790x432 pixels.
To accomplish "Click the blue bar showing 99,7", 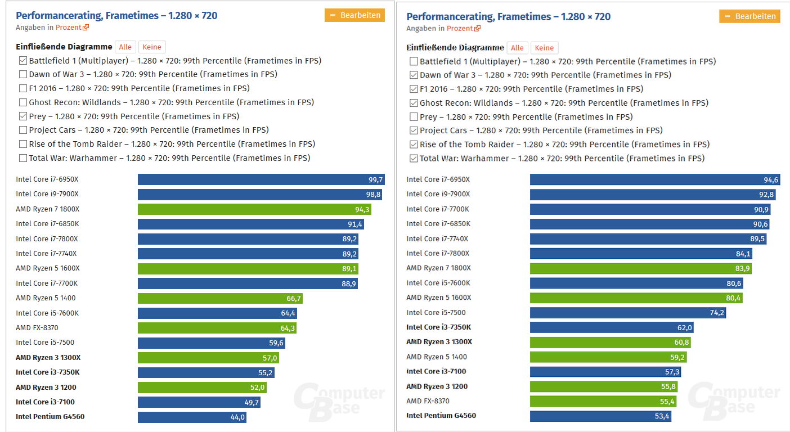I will pyautogui.click(x=261, y=179).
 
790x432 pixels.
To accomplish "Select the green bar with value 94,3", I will pyautogui.click(x=254, y=209).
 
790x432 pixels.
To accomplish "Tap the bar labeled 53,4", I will pyautogui.click(x=600, y=416).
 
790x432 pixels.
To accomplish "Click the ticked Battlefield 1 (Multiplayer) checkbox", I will pyautogui.click(x=23, y=61).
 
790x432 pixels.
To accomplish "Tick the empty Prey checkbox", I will pyautogui.click(x=414, y=117).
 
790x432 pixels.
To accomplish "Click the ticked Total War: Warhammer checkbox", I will pyautogui.click(x=414, y=159).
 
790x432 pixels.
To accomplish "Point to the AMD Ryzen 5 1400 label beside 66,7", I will pyautogui.click(x=46, y=298).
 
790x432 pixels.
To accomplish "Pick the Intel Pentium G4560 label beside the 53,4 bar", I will pyautogui.click(x=441, y=416).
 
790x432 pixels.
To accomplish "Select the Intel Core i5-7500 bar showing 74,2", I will pyautogui.click(x=627, y=313).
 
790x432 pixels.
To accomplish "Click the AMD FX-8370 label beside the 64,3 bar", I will pyautogui.click(x=37, y=328).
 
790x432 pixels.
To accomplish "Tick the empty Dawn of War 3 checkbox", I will pyautogui.click(x=23, y=74).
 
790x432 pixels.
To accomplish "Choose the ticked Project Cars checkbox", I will pyautogui.click(x=414, y=130).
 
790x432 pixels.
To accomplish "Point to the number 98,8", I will pyautogui.click(x=374, y=195).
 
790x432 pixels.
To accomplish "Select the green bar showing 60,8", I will pyautogui.click(x=610, y=343).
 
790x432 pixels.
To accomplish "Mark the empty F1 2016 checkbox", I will pyautogui.click(x=23, y=88).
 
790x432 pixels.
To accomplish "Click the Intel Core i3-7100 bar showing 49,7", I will pyautogui.click(x=199, y=402).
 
